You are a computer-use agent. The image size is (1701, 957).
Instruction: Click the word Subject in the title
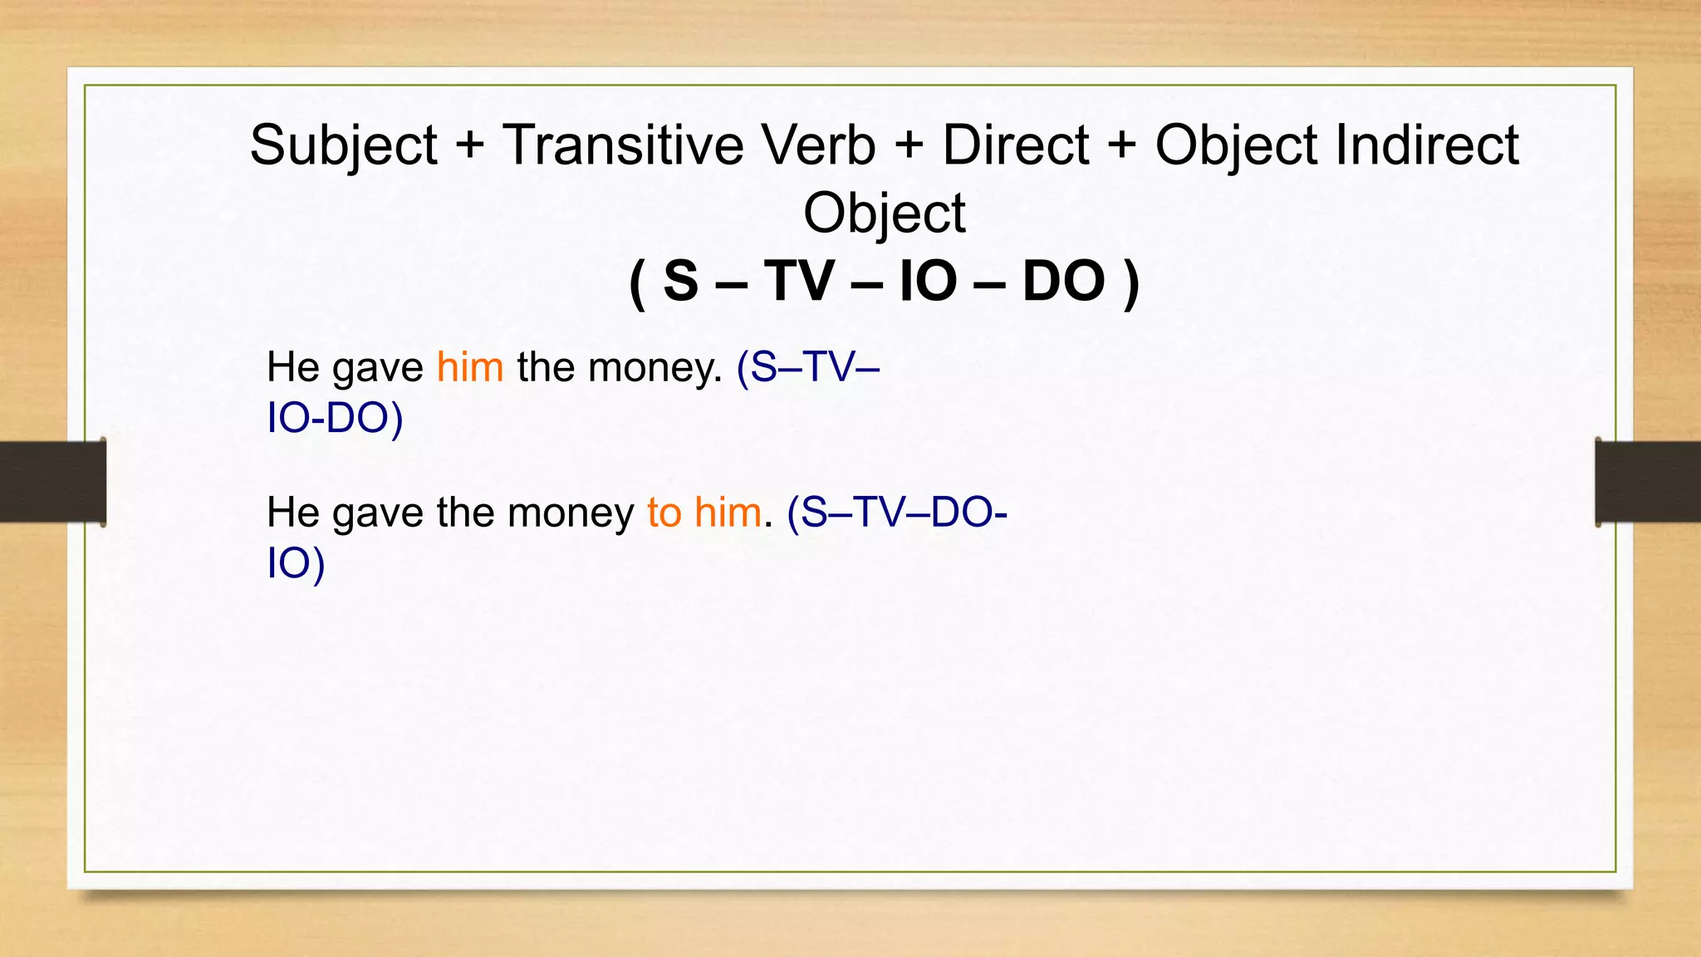(x=343, y=146)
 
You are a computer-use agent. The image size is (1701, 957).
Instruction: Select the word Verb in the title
(x=819, y=146)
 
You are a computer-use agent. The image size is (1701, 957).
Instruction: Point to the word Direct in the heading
(x=1015, y=146)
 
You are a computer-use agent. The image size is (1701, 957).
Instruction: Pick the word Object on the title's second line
(x=884, y=213)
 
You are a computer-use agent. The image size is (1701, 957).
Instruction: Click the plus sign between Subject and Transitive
(x=469, y=146)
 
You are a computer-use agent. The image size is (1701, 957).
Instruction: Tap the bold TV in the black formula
(x=798, y=282)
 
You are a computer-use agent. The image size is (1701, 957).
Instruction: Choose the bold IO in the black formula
(x=928, y=282)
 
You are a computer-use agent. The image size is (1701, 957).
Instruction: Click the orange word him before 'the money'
(x=470, y=367)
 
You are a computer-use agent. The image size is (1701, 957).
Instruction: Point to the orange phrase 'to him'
(x=704, y=513)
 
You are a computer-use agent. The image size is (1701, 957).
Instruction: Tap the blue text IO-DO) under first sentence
(x=335, y=418)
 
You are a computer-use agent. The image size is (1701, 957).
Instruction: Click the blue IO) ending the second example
(x=296, y=563)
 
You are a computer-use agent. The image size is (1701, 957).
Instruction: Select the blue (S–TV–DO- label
(x=897, y=513)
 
